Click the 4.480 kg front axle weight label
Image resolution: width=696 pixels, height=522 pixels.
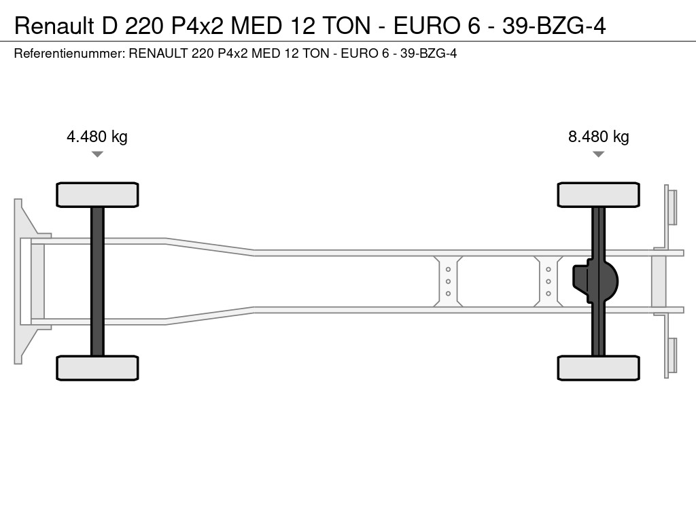coord(97,137)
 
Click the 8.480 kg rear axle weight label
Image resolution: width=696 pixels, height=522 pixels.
coord(598,137)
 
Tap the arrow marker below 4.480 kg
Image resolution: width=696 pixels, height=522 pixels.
coord(97,154)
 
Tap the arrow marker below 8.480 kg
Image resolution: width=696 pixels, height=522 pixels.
coord(598,154)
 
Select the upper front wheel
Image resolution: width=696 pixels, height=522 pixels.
coord(97,194)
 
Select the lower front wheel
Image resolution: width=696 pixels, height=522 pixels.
coord(97,368)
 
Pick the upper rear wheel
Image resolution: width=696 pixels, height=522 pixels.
coord(598,194)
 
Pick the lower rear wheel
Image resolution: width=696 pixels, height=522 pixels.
coord(598,368)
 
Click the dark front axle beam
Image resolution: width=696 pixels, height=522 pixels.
coord(97,281)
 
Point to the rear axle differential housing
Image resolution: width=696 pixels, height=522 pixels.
coord(595,281)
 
